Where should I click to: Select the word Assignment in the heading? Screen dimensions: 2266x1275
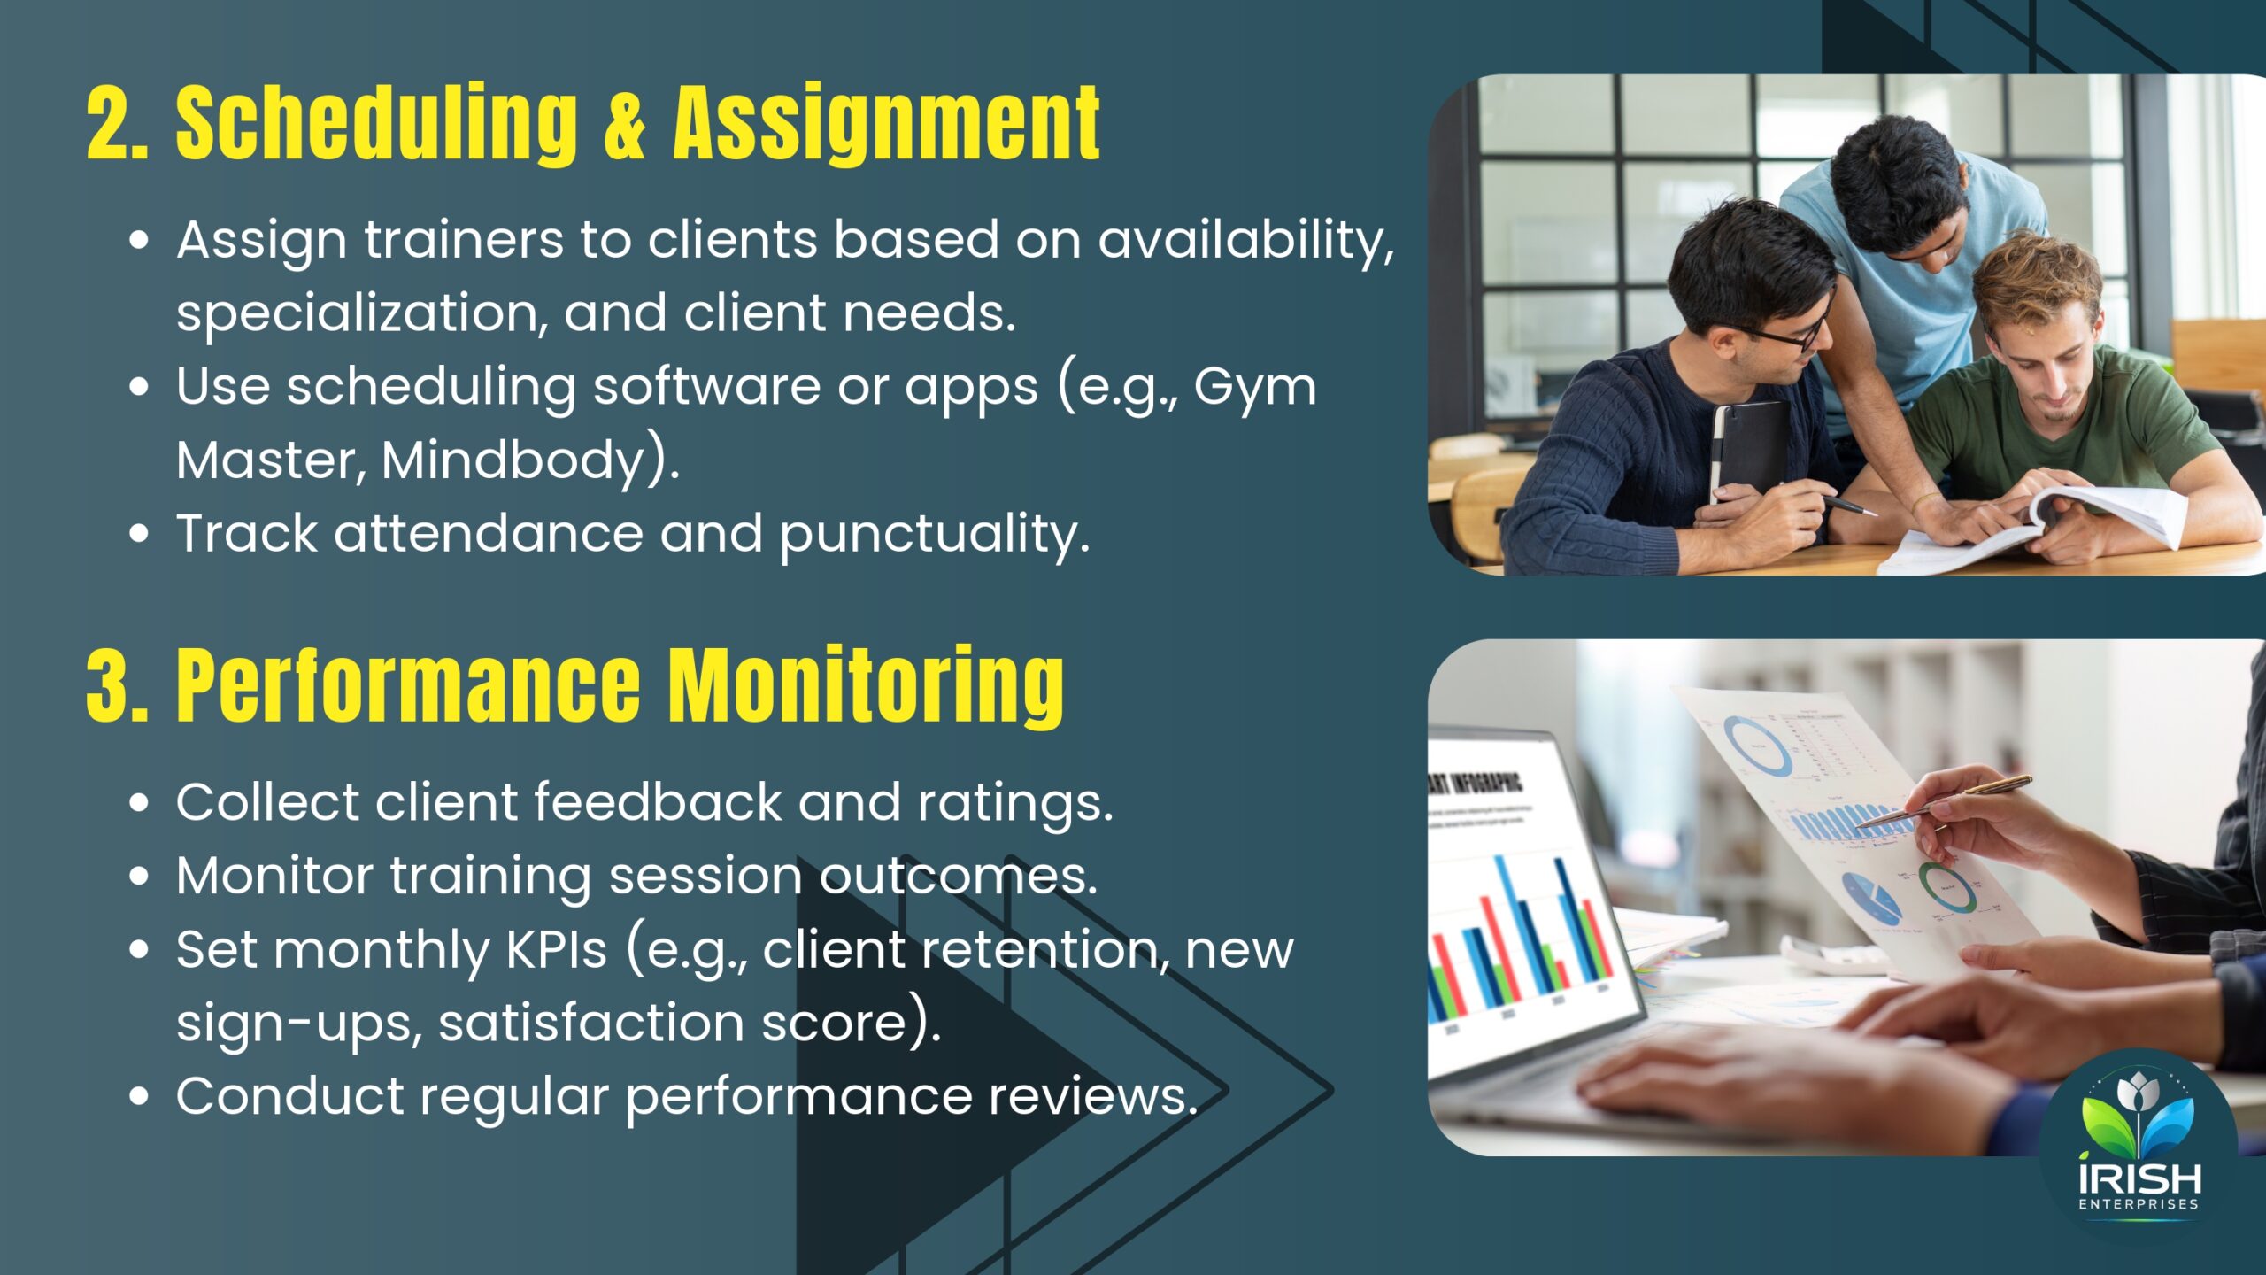(886, 123)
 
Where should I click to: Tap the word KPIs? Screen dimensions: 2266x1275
(557, 949)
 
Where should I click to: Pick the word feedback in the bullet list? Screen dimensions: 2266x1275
(658, 802)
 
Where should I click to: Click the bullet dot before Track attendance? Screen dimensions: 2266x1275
(139, 534)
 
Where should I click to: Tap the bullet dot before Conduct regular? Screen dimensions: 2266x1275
(139, 1096)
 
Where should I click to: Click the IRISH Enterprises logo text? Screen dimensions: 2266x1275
(2139, 1186)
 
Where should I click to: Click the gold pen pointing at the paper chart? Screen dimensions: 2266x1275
(1942, 801)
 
